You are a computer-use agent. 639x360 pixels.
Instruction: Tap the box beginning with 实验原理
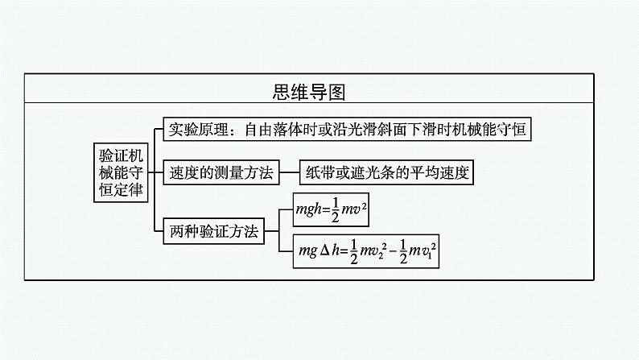(347, 129)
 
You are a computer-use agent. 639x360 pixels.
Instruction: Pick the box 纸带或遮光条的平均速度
(386, 172)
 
